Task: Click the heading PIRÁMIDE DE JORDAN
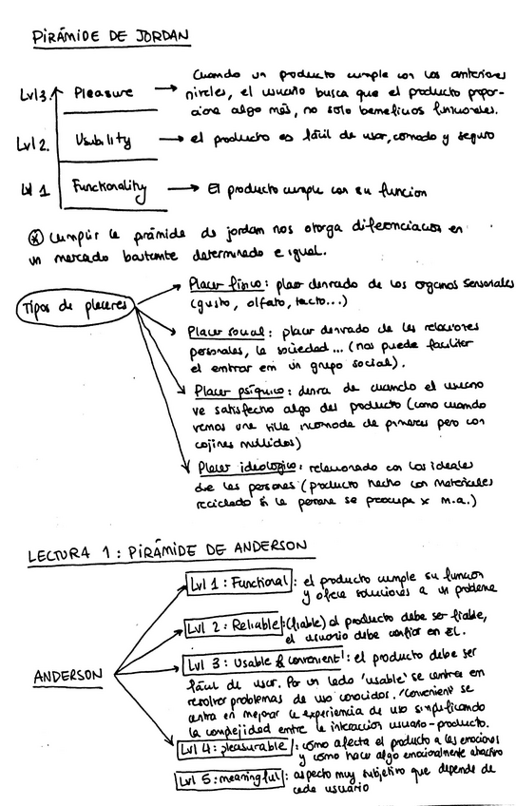pyautogui.click(x=110, y=37)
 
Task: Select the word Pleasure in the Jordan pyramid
pyautogui.click(x=102, y=93)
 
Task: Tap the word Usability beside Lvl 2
pyautogui.click(x=99, y=141)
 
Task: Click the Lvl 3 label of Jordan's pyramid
pyautogui.click(x=35, y=95)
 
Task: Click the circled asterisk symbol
pyautogui.click(x=37, y=232)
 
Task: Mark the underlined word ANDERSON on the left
pyautogui.click(x=67, y=676)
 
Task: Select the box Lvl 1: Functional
pyautogui.click(x=238, y=582)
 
